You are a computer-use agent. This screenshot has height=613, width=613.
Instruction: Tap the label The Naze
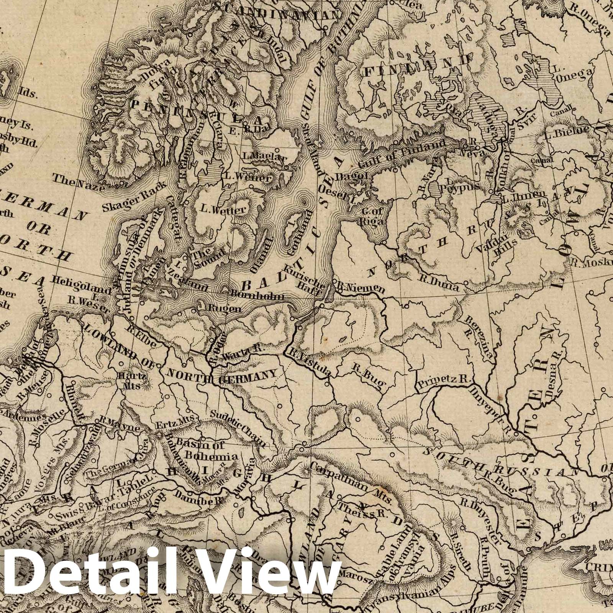73,182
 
